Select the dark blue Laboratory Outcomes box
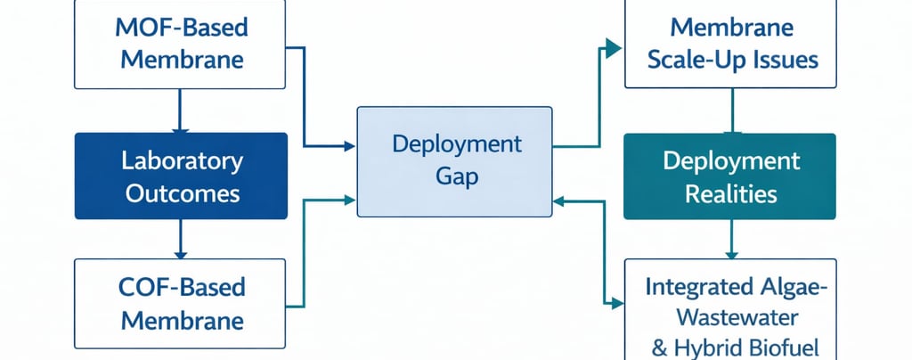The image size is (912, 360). point(181,176)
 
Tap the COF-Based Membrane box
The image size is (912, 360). point(181,303)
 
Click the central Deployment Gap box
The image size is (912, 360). point(454,160)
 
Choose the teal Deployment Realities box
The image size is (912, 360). point(730,176)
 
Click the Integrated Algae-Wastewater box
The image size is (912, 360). point(731,307)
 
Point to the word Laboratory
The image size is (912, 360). point(182,161)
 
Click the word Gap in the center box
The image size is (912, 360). point(457,176)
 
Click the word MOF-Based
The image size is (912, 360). point(182,26)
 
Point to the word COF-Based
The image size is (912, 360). point(182,288)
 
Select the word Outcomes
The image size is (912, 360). point(182,192)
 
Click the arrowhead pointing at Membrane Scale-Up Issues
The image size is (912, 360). point(614,47)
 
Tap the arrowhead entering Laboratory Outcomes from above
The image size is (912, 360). point(181,128)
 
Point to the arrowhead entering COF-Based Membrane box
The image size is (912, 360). point(181,254)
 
